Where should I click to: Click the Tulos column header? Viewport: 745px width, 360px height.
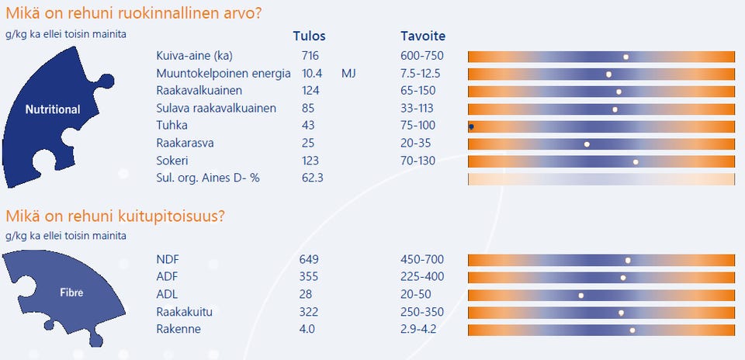click(x=309, y=36)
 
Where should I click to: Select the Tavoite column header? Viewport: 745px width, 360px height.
click(x=423, y=36)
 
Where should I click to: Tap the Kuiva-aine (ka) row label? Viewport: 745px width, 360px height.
click(x=194, y=56)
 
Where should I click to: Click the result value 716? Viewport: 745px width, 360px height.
click(x=310, y=56)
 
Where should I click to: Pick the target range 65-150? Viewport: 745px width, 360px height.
click(x=419, y=91)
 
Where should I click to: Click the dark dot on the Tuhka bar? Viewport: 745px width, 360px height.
click(x=471, y=126)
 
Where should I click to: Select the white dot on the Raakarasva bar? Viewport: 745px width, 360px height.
click(x=587, y=144)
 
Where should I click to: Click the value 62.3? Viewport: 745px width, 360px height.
click(x=313, y=178)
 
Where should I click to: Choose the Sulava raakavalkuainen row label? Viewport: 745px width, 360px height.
click(x=216, y=109)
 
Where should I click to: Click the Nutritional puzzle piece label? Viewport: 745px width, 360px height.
click(x=53, y=110)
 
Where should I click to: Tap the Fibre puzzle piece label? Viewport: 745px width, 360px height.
click(x=71, y=293)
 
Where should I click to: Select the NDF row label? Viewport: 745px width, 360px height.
click(x=168, y=259)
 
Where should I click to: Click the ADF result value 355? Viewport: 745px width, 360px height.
click(x=309, y=277)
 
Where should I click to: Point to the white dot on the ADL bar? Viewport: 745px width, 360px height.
click(x=581, y=295)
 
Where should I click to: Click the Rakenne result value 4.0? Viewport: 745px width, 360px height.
click(x=307, y=329)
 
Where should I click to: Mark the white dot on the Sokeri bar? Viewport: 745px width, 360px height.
click(x=636, y=161)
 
